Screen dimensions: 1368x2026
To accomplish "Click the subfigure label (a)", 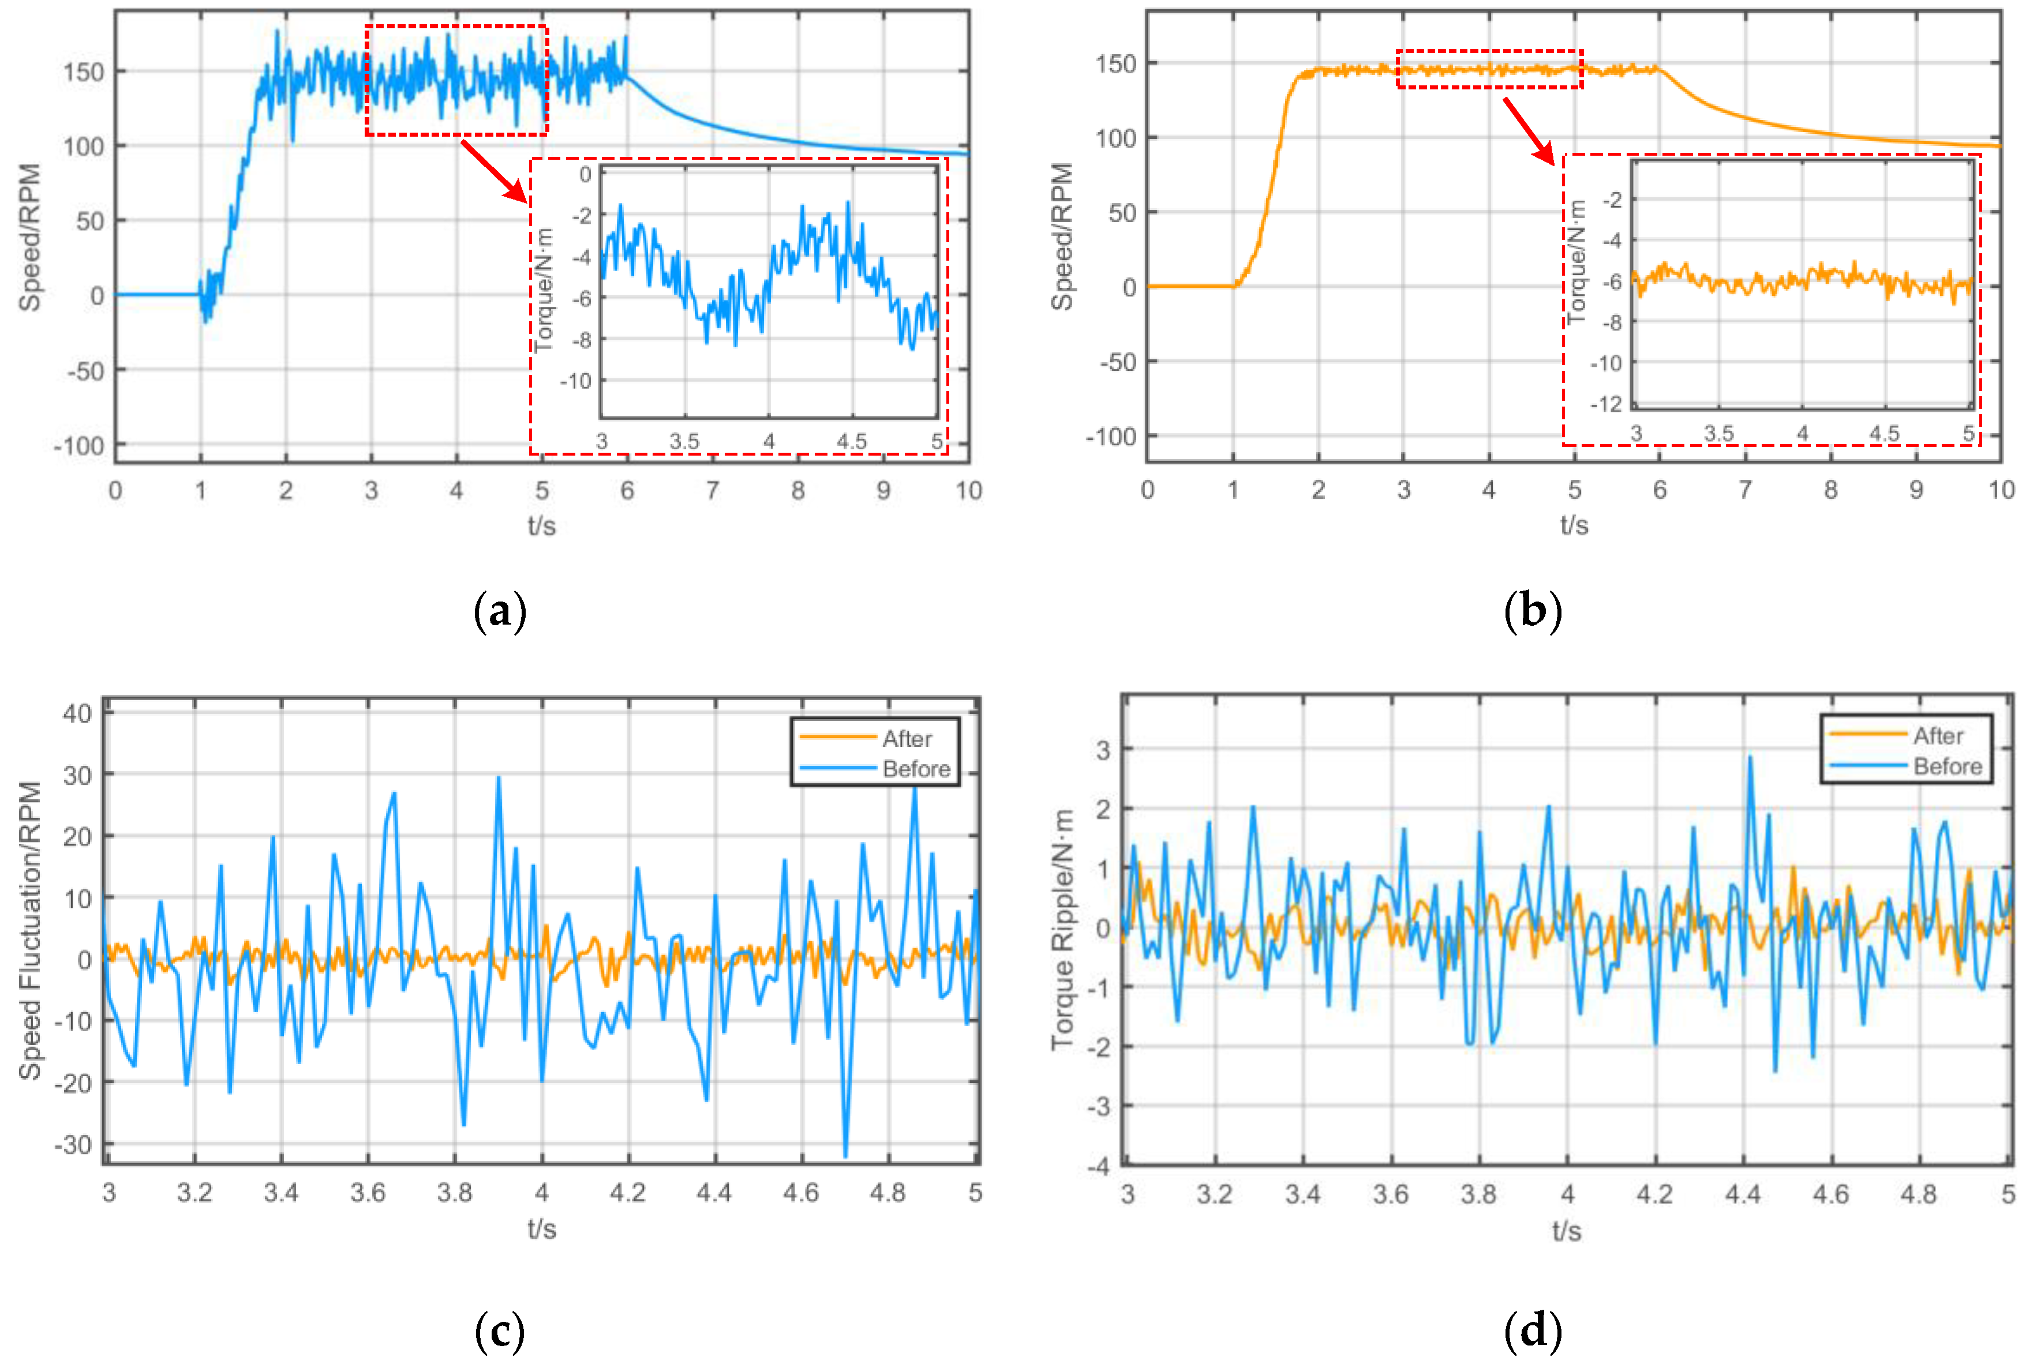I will (x=500, y=612).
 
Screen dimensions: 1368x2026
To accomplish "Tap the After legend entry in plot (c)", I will (x=906, y=738).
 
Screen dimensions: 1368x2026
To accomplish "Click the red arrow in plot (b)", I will (x=1528, y=131).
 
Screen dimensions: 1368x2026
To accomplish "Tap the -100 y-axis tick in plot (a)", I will (x=78, y=446).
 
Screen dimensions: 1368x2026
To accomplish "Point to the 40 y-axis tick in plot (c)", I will (x=77, y=713).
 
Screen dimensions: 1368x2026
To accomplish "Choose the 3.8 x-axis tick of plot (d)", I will (x=1478, y=1194).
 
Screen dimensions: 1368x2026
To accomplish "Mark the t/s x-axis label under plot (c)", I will (x=541, y=1228).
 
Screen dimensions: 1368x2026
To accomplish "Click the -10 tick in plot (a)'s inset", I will (x=575, y=381).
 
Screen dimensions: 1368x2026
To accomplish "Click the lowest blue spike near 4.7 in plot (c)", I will (x=845, y=1155).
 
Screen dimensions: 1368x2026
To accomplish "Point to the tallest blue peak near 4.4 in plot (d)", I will (x=1750, y=757).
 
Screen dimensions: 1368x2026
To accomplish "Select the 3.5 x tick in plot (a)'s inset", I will (x=684, y=442).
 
